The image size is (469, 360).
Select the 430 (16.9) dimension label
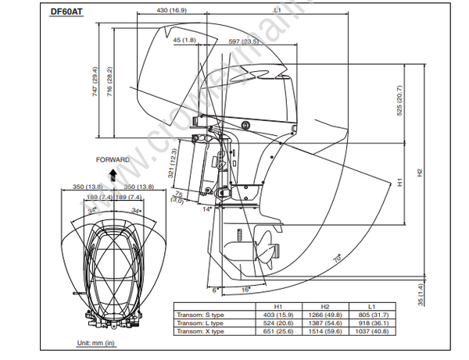pyautogui.click(x=172, y=11)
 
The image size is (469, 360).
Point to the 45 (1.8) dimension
pyautogui.click(x=184, y=41)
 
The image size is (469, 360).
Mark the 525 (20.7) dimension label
pyautogui.click(x=398, y=99)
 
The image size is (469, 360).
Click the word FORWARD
pyautogui.click(x=113, y=159)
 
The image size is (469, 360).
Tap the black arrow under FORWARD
pyautogui.click(x=113, y=173)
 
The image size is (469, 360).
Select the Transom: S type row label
pyautogui.click(x=199, y=314)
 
